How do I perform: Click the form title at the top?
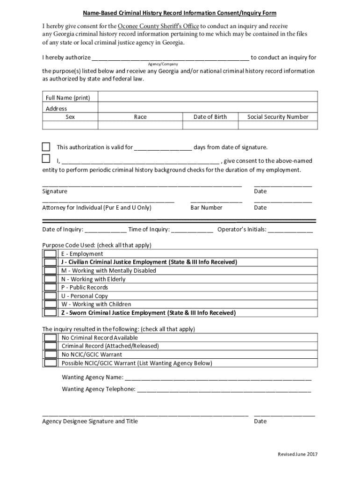(180, 13)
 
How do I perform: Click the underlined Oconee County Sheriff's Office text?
(158, 26)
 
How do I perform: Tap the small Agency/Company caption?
(163, 64)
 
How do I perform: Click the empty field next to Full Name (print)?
(208, 97)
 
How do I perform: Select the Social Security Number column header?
(278, 117)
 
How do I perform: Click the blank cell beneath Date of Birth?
(210, 125)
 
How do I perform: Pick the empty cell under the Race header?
(140, 125)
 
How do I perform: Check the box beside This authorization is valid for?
(46, 146)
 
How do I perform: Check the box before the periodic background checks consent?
(46, 158)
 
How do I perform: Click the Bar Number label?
(206, 207)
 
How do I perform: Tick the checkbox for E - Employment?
(50, 254)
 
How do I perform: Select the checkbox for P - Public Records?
(50, 287)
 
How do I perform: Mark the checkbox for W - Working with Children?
(50, 304)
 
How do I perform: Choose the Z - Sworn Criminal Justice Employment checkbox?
(50, 312)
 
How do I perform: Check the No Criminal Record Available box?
(50, 338)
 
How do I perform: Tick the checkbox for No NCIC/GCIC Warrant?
(50, 355)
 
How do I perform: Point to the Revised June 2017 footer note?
(297, 455)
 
